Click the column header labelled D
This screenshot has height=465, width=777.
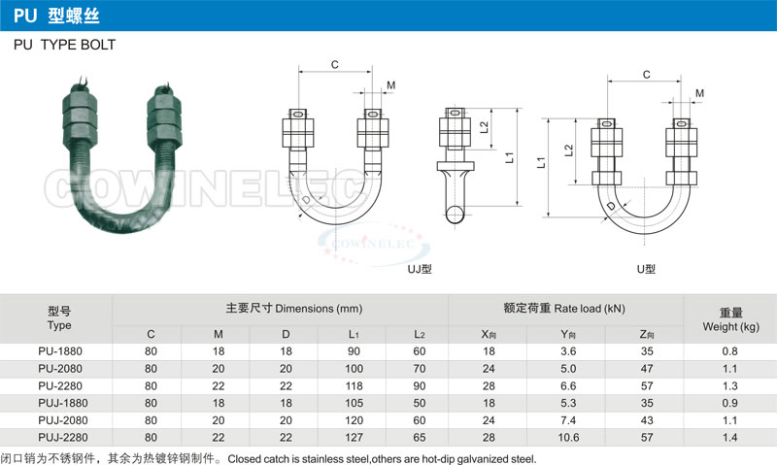click(286, 334)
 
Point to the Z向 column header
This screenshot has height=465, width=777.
click(647, 334)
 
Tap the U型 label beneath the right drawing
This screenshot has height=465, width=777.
click(645, 269)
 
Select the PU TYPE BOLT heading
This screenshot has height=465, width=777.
click(64, 45)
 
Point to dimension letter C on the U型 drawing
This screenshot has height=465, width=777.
click(647, 74)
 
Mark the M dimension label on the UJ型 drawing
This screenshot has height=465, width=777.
click(390, 86)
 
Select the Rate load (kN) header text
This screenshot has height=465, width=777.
click(564, 308)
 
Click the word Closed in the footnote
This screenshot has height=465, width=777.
click(243, 457)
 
